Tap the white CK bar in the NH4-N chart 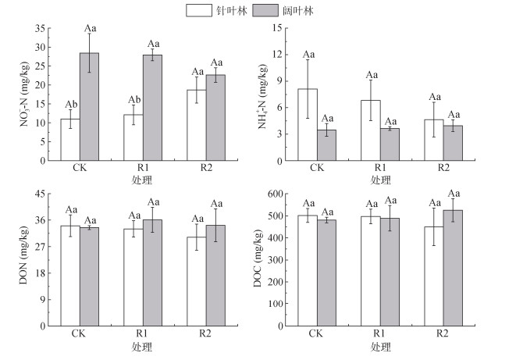[x=308, y=124]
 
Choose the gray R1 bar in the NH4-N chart [x=390, y=144]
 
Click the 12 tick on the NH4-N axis [x=278, y=54]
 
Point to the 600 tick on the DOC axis [x=272, y=194]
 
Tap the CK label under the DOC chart [x=317, y=333]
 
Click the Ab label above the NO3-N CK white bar [x=70, y=104]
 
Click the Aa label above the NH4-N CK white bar [x=308, y=54]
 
